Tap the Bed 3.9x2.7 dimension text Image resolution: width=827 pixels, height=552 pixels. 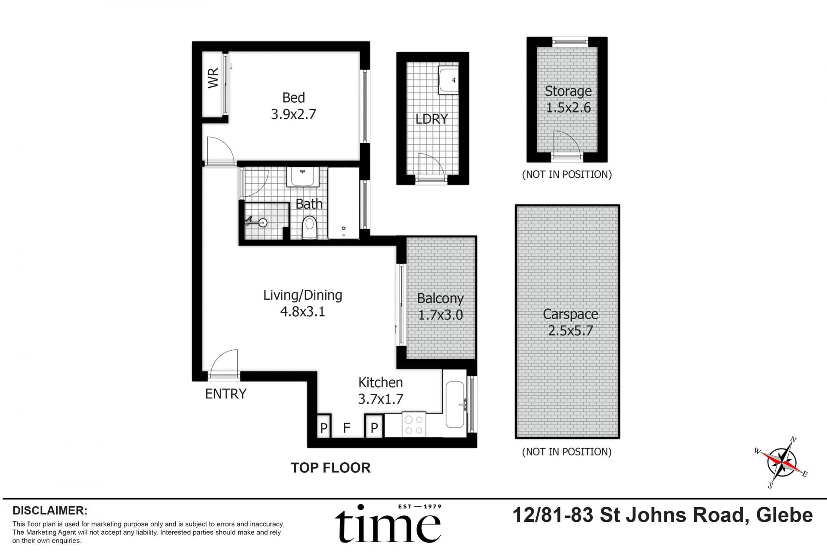(x=294, y=114)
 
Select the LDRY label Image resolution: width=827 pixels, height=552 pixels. (x=432, y=119)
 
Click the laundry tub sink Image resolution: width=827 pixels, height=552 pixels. (x=449, y=79)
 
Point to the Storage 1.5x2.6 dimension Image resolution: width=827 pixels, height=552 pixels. (x=569, y=107)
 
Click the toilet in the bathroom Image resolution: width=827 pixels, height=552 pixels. (x=309, y=228)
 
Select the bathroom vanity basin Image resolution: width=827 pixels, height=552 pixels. (x=303, y=177)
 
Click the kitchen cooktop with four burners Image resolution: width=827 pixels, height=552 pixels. (x=414, y=424)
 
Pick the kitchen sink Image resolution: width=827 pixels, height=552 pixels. (x=455, y=405)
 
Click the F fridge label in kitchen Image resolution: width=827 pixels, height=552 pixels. (x=346, y=428)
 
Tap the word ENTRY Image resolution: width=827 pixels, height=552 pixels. (x=226, y=394)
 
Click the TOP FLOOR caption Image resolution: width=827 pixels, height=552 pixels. (x=331, y=468)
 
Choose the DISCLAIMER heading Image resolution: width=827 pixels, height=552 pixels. (x=50, y=511)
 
